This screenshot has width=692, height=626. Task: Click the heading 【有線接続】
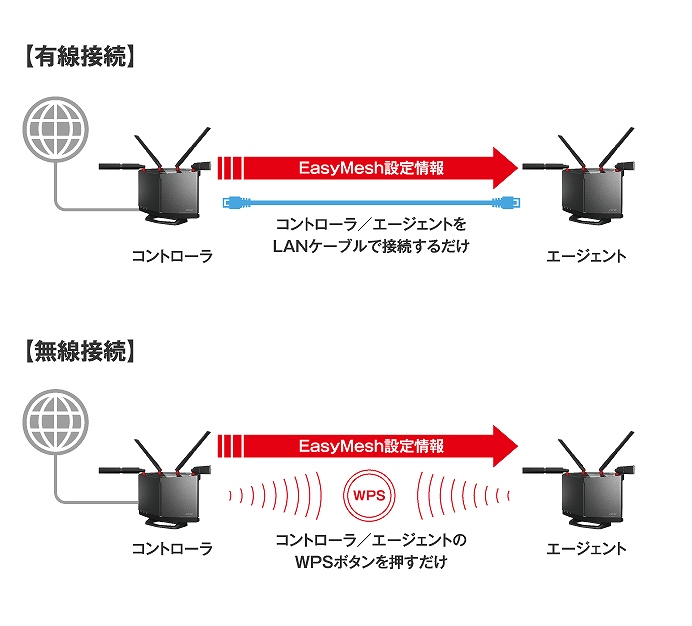point(76,57)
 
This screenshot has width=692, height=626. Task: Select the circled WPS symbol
point(369,493)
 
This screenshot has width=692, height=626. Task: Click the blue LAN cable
point(371,202)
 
